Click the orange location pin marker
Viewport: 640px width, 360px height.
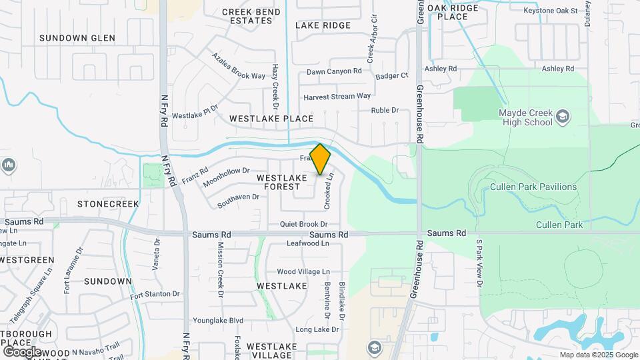point(321,159)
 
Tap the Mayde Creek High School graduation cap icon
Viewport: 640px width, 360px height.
point(562,117)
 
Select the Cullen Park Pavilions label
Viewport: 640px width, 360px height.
point(533,187)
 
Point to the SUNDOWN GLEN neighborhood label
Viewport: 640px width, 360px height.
point(77,38)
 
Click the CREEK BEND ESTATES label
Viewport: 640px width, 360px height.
point(247,16)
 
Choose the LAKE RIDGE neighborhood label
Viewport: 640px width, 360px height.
point(323,25)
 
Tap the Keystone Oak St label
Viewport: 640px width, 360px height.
point(550,11)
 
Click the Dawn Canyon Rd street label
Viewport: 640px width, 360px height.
point(334,71)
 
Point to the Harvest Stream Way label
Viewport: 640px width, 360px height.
point(337,96)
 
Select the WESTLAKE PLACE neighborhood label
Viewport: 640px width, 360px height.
point(271,119)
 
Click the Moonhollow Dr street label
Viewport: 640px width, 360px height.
point(227,177)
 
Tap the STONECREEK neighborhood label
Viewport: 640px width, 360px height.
point(108,203)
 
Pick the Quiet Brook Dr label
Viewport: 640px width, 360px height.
point(304,225)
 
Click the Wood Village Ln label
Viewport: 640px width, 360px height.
point(303,272)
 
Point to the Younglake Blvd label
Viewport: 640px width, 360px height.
point(218,320)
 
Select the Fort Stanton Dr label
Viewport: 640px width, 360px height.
point(155,294)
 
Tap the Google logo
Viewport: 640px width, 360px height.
point(22,351)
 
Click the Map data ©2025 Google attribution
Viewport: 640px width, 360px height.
point(597,355)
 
